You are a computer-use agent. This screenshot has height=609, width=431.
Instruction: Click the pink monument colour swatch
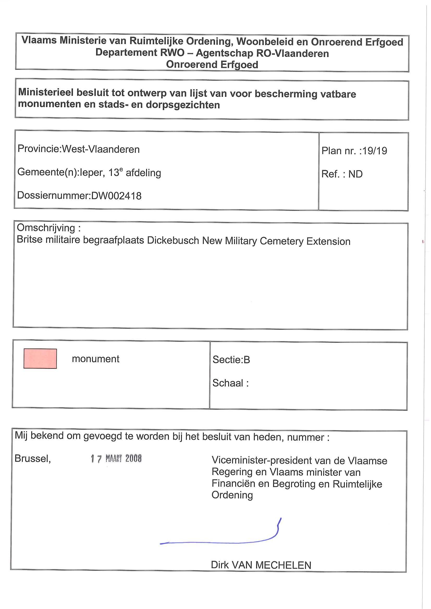[x=40, y=358]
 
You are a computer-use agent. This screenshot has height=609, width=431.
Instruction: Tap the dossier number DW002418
[x=116, y=196]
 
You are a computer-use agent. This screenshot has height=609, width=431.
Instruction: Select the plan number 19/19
[x=375, y=151]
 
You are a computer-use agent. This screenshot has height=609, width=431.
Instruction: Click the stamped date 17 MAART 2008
[x=116, y=458]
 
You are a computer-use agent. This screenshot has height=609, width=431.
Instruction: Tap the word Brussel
[x=32, y=458]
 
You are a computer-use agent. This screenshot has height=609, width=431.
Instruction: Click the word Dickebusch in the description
[x=173, y=240]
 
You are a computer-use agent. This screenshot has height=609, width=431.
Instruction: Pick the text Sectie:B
[x=231, y=360]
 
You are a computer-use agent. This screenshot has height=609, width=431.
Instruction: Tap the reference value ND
[x=355, y=174]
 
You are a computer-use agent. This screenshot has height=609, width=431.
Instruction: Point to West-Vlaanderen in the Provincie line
[x=101, y=149]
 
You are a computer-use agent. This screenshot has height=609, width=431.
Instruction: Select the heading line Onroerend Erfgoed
[x=212, y=65]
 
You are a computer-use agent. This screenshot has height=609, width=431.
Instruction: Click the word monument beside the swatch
[x=96, y=359]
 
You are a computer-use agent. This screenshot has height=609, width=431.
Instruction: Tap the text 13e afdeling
[x=135, y=173]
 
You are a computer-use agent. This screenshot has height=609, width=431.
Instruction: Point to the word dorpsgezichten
[x=183, y=105]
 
